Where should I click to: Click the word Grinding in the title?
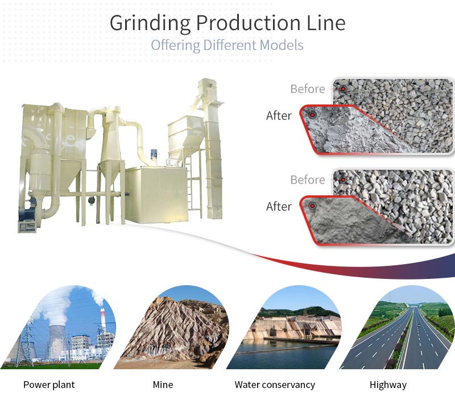(x=150, y=23)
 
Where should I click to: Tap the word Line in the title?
(x=326, y=23)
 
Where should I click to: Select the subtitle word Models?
(x=282, y=45)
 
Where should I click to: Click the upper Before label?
(x=308, y=89)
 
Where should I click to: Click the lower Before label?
(x=308, y=180)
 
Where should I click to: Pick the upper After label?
(x=279, y=116)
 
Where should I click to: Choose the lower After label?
(x=279, y=207)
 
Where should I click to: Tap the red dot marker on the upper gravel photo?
(x=344, y=89)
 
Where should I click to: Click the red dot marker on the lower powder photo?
(x=312, y=206)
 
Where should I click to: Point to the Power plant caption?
(x=49, y=385)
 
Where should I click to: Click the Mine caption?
(x=163, y=385)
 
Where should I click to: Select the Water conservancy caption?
(x=275, y=385)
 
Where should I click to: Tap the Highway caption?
(x=388, y=385)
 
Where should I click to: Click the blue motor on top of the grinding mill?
(x=154, y=156)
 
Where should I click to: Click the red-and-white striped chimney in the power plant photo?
(x=102, y=320)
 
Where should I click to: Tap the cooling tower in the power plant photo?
(x=57, y=341)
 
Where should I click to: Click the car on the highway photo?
(x=418, y=326)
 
